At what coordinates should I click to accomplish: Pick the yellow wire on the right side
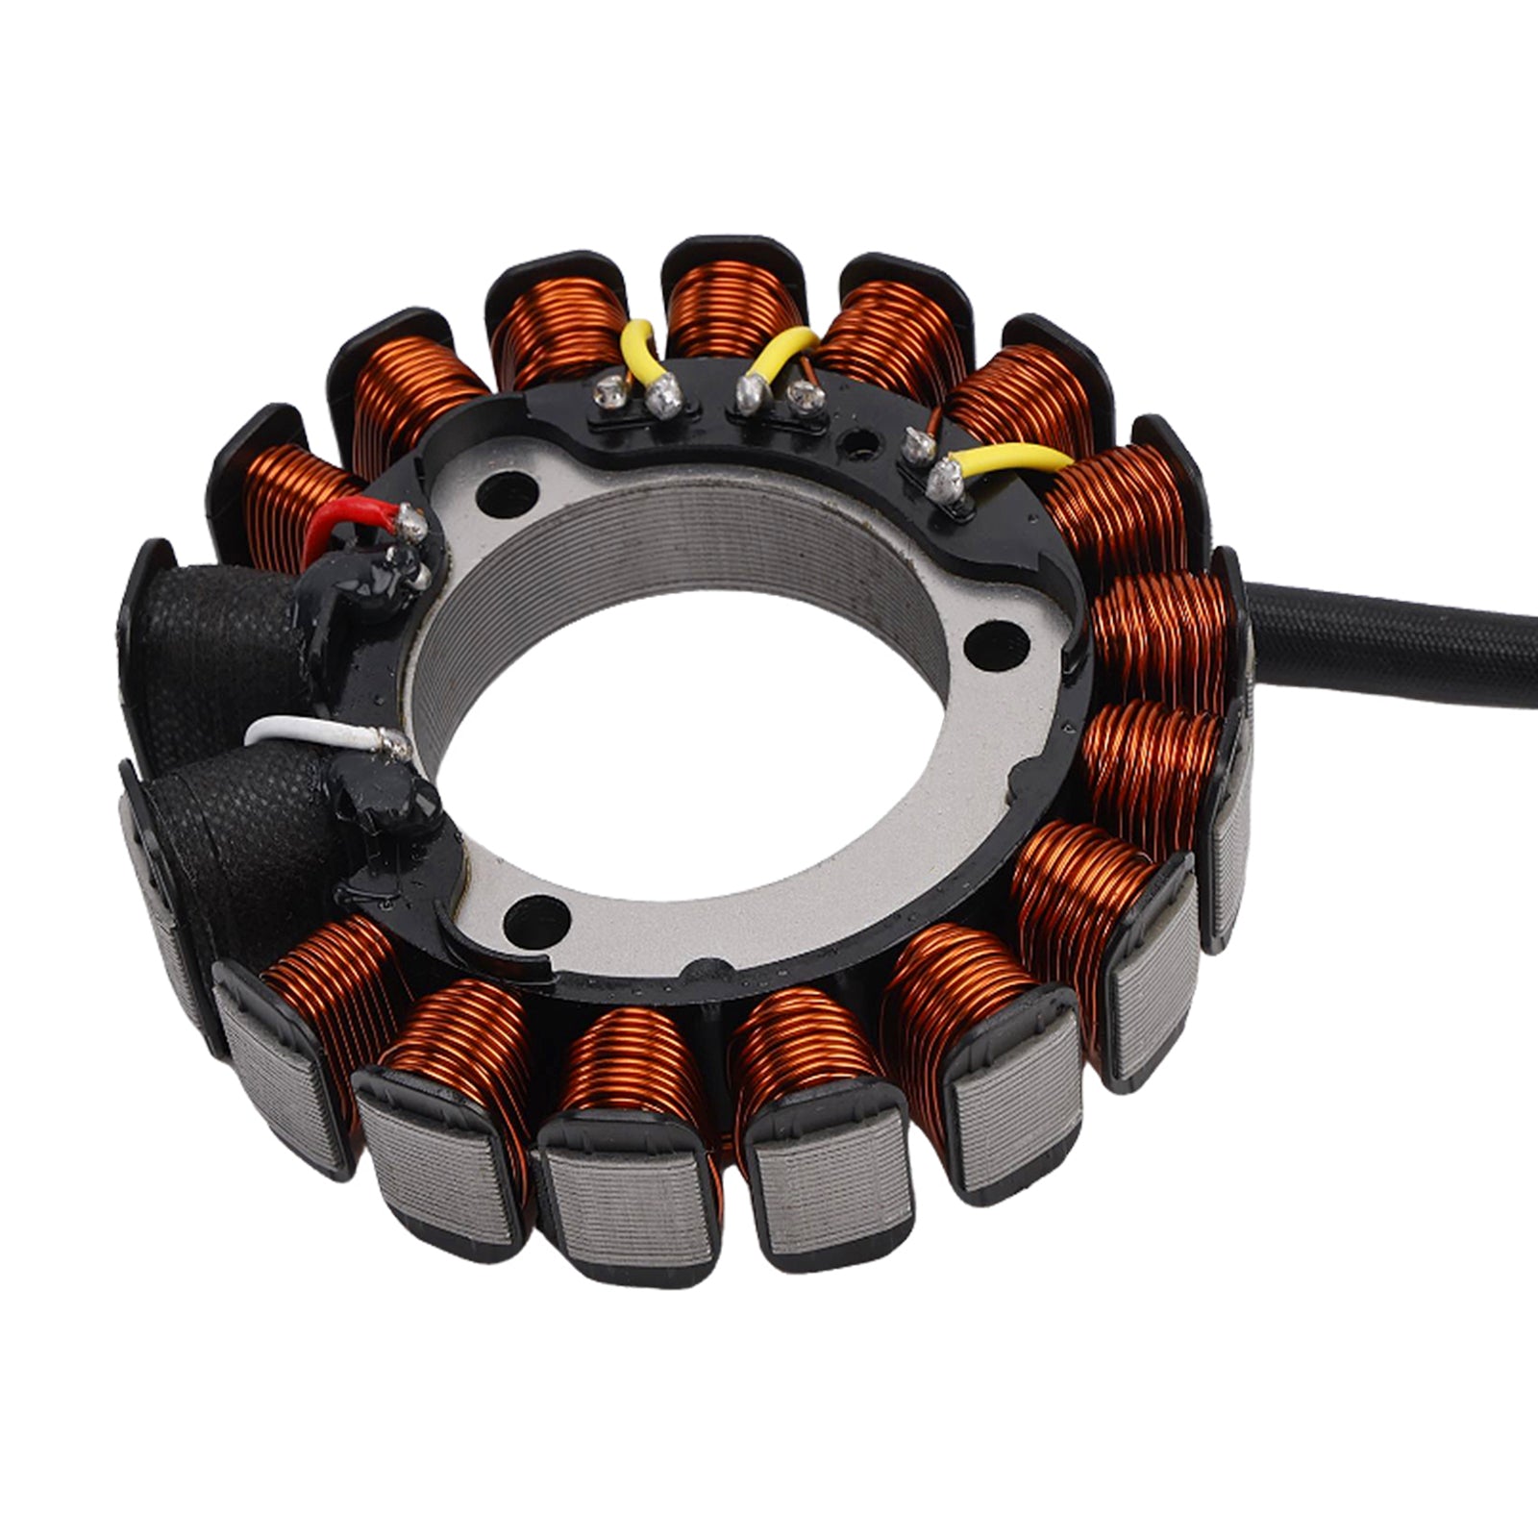pyautogui.click(x=1014, y=459)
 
